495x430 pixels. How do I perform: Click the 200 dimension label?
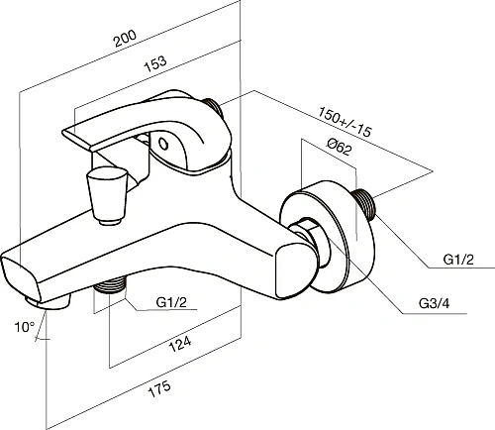coord(125,39)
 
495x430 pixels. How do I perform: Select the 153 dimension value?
coord(155,63)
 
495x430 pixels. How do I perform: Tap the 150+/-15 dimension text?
coord(345,122)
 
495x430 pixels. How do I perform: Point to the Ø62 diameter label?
coord(339,147)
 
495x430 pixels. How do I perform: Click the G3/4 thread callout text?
coord(434,303)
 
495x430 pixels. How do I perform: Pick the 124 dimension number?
coord(180,344)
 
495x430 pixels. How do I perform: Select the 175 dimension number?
coord(159,388)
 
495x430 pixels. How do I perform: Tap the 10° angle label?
coord(24,327)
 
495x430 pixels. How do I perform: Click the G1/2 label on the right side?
coord(458,260)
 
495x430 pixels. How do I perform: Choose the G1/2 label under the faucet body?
coord(171,302)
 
